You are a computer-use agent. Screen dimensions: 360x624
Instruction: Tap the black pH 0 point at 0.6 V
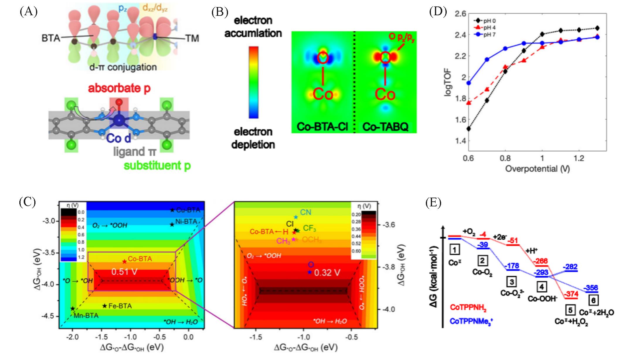click(x=469, y=129)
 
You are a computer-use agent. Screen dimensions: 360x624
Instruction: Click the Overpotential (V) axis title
click(x=537, y=169)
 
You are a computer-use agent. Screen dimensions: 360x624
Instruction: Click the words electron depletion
click(x=253, y=138)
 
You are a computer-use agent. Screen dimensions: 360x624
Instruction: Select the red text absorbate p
click(x=119, y=88)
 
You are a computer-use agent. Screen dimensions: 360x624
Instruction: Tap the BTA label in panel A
click(x=51, y=38)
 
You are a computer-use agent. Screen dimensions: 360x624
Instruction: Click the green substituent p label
click(x=157, y=166)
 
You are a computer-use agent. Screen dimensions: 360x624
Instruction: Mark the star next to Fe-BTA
click(x=105, y=306)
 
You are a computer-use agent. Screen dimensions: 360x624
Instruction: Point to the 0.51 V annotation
click(x=124, y=272)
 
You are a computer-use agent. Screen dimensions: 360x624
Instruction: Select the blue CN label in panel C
click(x=305, y=212)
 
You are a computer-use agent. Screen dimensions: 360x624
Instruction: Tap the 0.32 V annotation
click(x=327, y=273)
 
